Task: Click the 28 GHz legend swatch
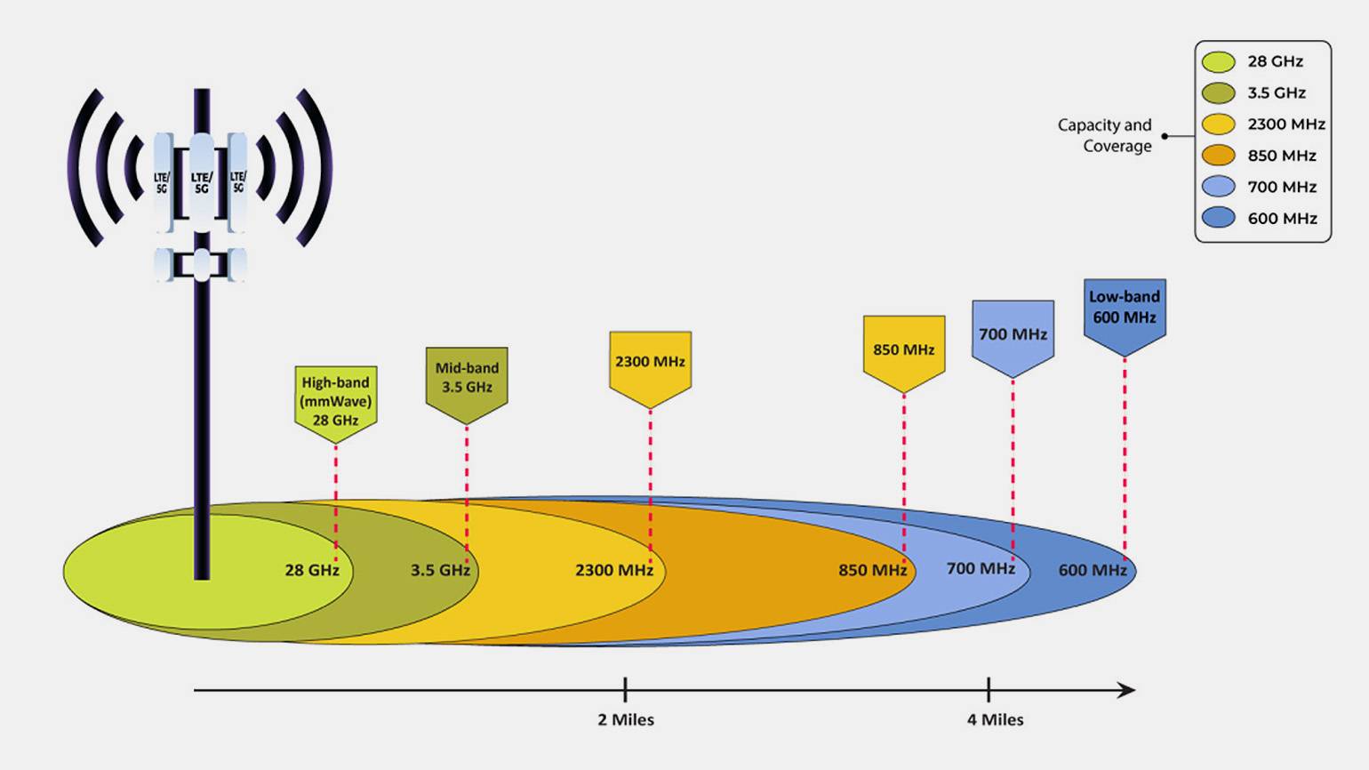[x=1218, y=61]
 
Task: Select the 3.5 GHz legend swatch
[x=1218, y=92]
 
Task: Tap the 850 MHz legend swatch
[x=1218, y=156]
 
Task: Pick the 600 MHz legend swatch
[x=1218, y=218]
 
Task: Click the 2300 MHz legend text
[x=1286, y=124]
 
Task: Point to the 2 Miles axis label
[x=626, y=720]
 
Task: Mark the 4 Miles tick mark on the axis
[x=989, y=690]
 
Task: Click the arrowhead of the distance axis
[x=1126, y=691]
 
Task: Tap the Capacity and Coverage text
[x=1105, y=136]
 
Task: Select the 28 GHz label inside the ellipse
[x=312, y=570]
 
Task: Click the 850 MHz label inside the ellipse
[x=873, y=570]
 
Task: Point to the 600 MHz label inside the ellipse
[x=1093, y=570]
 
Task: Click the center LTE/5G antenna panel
[x=202, y=182]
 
